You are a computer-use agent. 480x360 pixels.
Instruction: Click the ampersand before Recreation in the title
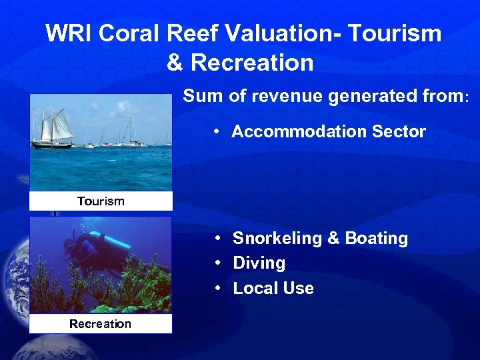point(175,63)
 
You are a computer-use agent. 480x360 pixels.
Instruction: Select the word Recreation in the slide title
point(252,63)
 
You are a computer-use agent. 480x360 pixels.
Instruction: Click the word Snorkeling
point(274,239)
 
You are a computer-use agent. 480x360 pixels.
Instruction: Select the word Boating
point(377,239)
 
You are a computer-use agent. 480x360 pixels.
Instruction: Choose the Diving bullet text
point(259,263)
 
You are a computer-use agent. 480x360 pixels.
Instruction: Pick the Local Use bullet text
point(273,289)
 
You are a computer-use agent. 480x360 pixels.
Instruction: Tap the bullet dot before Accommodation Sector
point(218,132)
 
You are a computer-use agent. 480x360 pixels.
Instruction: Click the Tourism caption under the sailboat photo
point(101,201)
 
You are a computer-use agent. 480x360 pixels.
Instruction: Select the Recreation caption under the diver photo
point(101,324)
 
